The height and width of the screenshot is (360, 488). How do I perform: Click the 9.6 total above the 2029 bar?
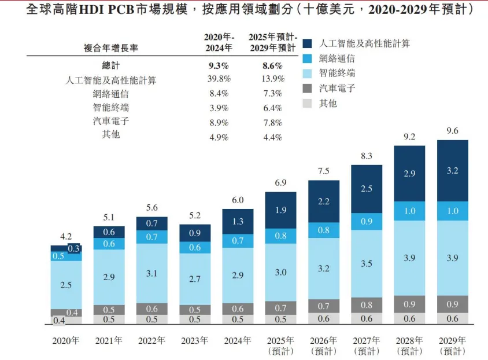click(452, 131)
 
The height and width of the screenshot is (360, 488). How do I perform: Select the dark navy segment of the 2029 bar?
click(452, 171)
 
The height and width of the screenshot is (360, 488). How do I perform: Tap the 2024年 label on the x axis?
click(238, 340)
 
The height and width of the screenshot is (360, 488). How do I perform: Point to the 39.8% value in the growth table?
click(219, 79)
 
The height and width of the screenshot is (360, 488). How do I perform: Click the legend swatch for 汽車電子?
click(308, 89)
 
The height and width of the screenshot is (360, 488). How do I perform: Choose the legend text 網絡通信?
click(337, 58)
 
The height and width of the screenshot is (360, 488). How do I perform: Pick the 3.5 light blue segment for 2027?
click(367, 263)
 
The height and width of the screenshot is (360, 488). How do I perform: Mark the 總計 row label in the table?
click(110, 65)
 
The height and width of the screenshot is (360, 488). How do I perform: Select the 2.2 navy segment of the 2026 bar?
click(324, 201)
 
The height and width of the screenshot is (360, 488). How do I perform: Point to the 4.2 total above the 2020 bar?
click(65, 236)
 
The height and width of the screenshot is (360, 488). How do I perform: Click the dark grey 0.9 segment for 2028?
click(409, 304)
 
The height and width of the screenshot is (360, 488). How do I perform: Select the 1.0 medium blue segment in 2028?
click(409, 211)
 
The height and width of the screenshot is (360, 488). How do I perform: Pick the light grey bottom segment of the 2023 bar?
click(195, 319)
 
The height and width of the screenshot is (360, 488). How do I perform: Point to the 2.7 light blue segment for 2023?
click(195, 278)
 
